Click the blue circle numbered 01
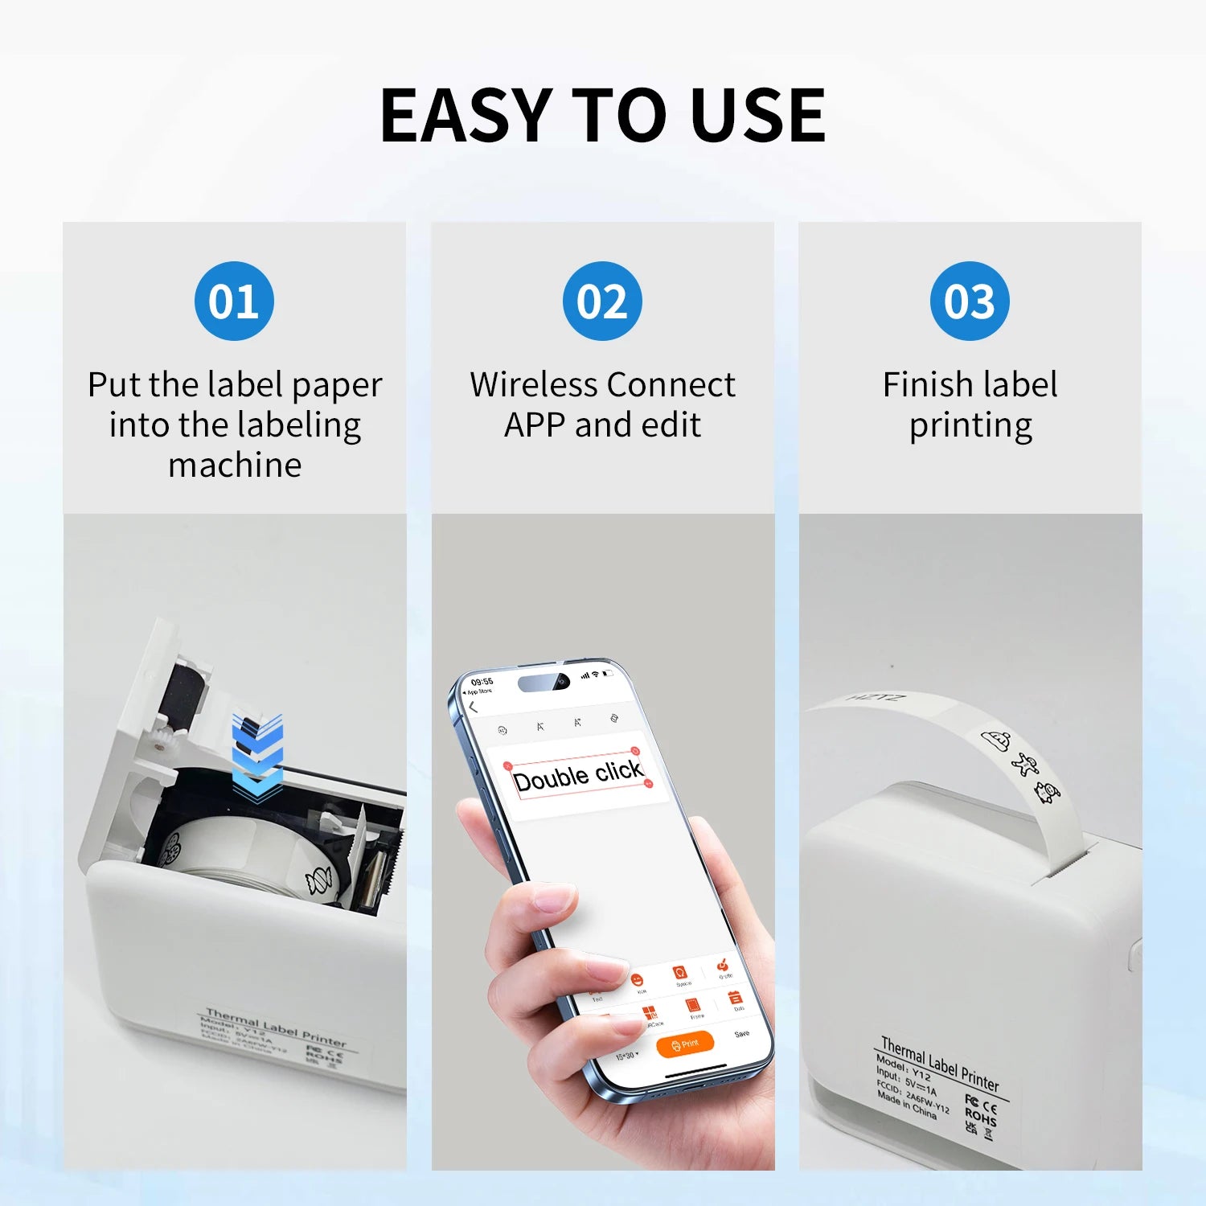234,301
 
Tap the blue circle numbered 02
602,301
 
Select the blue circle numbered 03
970,301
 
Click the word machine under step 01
235,466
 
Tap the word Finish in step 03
925,384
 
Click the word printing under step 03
970,426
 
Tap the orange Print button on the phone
685,1044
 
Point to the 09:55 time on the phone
482,682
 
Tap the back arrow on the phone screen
474,708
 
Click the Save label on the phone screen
741,1034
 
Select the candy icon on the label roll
318,881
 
